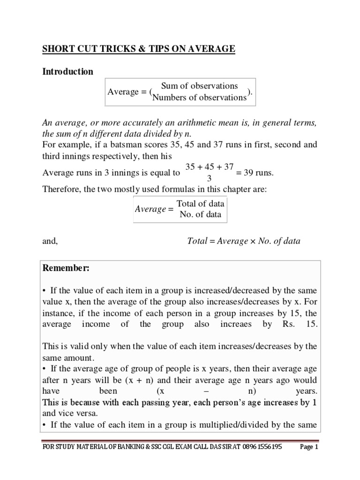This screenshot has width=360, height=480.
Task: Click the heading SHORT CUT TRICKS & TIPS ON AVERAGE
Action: pyautogui.click(x=139, y=49)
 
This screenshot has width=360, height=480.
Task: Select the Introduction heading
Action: pyautogui.click(x=68, y=72)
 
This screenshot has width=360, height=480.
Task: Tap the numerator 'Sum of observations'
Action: pyautogui.click(x=199, y=86)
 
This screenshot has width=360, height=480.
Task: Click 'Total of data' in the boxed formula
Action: pyautogui.click(x=200, y=204)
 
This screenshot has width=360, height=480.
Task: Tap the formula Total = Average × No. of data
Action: pyautogui.click(x=244, y=241)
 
